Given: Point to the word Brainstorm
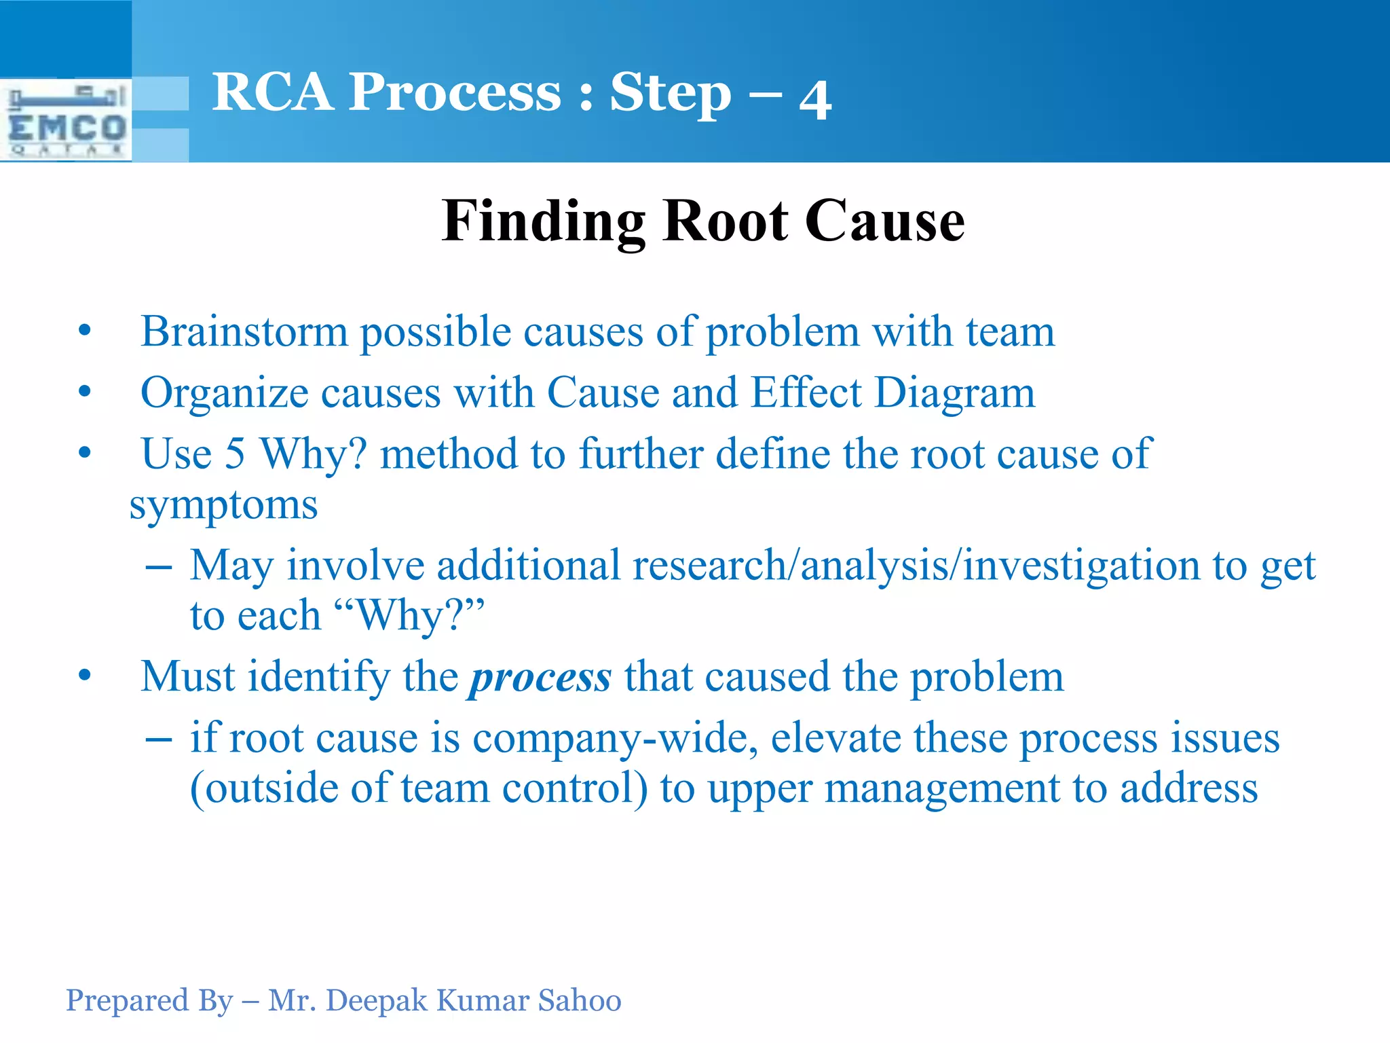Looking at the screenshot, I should (x=244, y=332).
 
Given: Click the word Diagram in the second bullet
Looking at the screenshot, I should (x=954, y=394).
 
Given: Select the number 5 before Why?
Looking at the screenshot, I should (x=234, y=454).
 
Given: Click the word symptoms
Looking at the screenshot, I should (x=223, y=506).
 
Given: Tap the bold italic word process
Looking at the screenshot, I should (x=540, y=678).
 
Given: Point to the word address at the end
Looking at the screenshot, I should (x=1188, y=789).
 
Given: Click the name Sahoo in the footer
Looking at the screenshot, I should (x=579, y=1000).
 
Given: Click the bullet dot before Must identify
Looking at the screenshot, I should (x=84, y=676).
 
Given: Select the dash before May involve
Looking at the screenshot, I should (x=158, y=566).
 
